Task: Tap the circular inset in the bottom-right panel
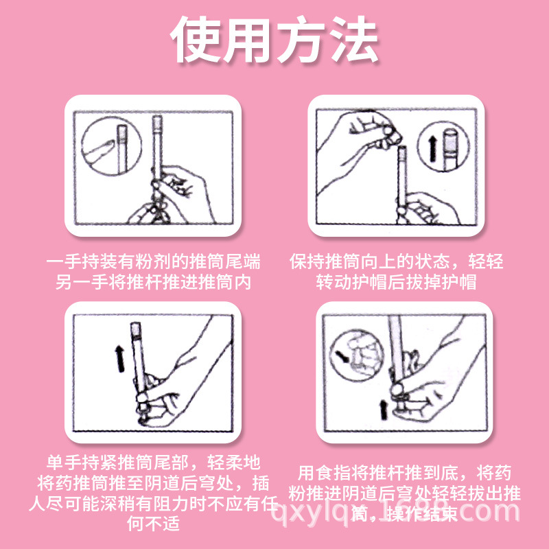(x=357, y=354)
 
